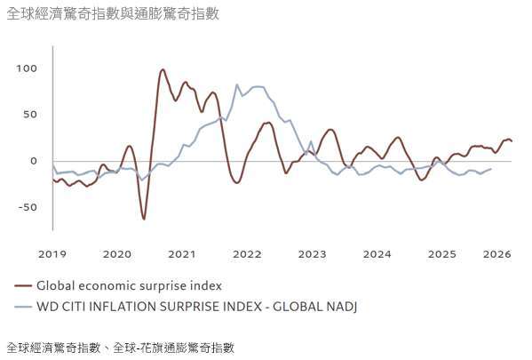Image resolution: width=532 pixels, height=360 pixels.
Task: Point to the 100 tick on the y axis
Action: point(27,68)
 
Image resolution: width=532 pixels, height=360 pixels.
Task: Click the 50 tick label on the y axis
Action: point(30,115)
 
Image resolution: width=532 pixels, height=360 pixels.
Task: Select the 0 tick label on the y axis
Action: point(34,161)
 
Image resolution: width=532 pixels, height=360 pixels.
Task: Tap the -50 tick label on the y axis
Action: point(28,207)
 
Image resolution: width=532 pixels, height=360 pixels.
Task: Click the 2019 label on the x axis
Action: point(52,254)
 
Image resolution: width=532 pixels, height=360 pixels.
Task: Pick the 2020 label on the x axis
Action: point(117,254)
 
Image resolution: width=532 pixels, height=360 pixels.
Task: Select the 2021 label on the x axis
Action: point(182,254)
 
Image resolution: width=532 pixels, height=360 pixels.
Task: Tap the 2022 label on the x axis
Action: point(247,254)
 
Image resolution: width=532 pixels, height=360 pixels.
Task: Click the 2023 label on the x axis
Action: point(313,254)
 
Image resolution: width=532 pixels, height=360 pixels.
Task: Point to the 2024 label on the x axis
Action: point(377,254)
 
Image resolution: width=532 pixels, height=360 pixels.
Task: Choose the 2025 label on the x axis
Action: point(442,254)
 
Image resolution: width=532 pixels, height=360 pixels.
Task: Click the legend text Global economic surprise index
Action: point(129,286)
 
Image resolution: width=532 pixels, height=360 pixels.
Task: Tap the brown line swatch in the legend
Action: point(23,286)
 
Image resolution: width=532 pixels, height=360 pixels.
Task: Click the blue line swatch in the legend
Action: point(23,307)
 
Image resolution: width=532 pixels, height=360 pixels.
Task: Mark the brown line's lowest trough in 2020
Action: point(144,219)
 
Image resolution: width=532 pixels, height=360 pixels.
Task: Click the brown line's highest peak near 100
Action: point(163,69)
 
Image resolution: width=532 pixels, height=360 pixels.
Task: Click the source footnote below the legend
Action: point(120,347)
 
